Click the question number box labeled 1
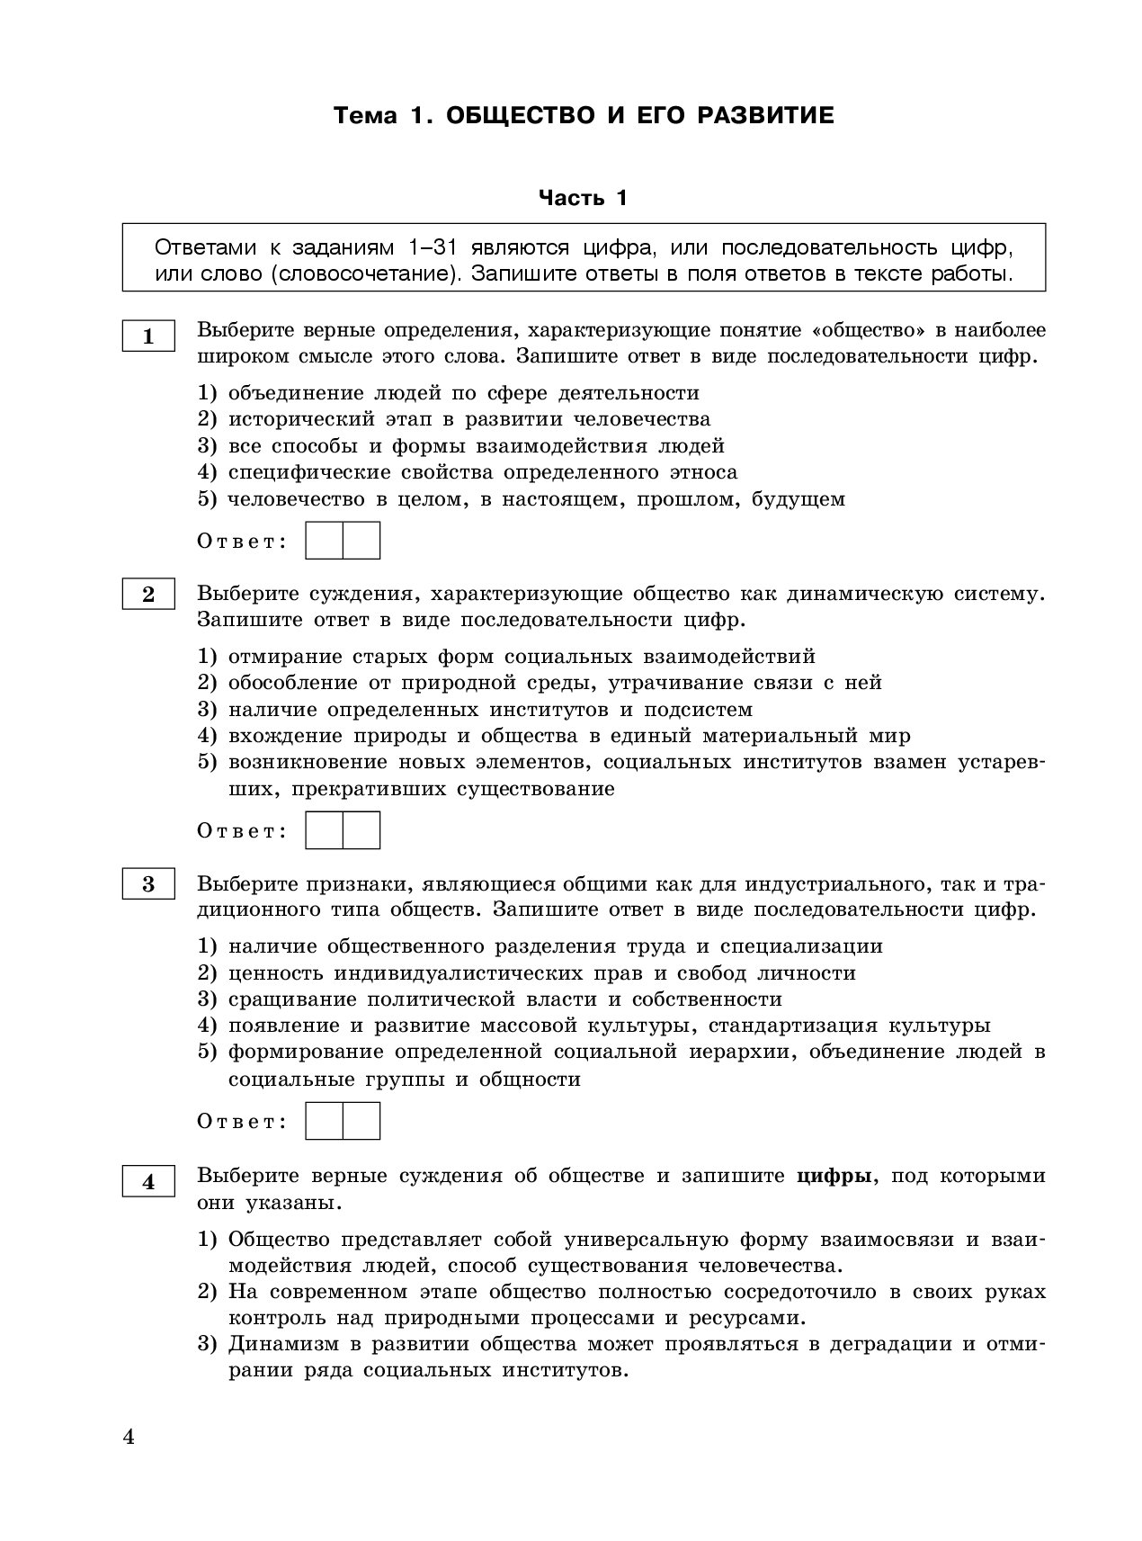[x=148, y=337]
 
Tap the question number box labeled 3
[x=148, y=885]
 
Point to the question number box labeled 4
[x=148, y=1182]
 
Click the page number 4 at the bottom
[x=128, y=1438]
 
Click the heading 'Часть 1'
[x=583, y=198]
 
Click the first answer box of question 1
[x=325, y=541]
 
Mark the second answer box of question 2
[x=361, y=830]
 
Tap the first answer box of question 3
[x=325, y=1121]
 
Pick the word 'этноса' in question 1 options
[x=704, y=472]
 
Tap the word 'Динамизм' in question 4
[x=281, y=1345]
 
